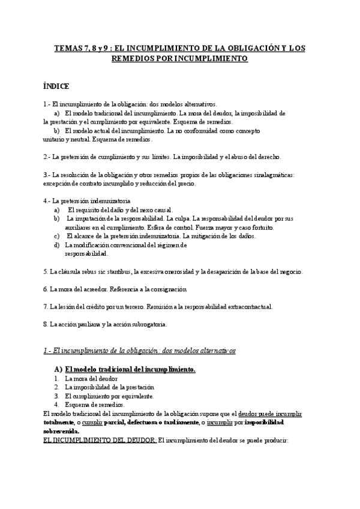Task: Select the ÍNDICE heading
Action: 56,86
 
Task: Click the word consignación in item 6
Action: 164,289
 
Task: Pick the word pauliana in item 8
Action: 86,324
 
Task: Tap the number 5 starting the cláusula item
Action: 46,271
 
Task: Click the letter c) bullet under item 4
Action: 56,236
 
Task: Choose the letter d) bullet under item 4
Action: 56,245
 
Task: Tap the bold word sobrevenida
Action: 62,430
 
